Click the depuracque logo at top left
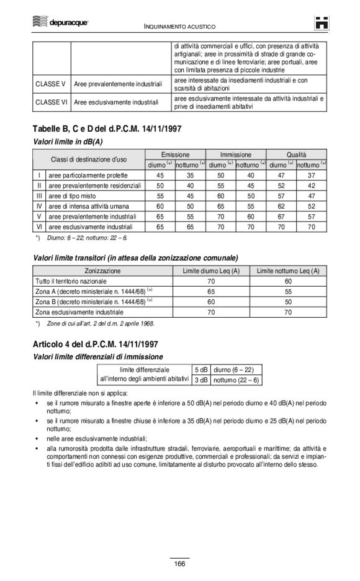tap(60, 22)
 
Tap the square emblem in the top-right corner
tap(320, 24)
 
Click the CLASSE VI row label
tap(52, 102)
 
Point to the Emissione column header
tap(175, 155)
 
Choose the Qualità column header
tap(297, 155)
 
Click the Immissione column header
tap(236, 155)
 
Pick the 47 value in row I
tap(281, 175)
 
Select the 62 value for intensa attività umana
tap(281, 206)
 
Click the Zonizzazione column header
tap(103, 271)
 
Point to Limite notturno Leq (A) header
tap(288, 271)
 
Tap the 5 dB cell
tap(200, 369)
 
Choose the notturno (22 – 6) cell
tap(236, 380)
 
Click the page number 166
tap(179, 563)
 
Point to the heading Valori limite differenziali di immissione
tap(98, 356)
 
